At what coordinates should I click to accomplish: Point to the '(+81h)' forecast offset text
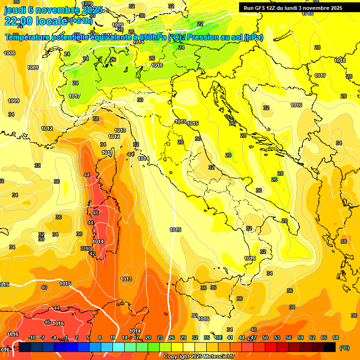pos(80,21)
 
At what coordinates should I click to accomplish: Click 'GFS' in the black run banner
pos(261,8)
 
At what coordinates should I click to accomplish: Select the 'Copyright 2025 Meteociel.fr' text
pos(198,356)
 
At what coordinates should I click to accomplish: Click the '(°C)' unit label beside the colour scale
pos(345,348)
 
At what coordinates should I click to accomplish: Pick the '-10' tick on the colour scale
pos(32,338)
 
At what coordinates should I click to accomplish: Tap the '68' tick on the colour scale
pos(336,338)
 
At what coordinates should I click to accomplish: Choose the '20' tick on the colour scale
pos(148,338)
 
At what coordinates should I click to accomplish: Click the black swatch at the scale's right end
pos(330,347)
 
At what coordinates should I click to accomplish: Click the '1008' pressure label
pos(9,53)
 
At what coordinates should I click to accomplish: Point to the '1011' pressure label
pos(107,152)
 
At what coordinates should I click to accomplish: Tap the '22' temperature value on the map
pos(200,24)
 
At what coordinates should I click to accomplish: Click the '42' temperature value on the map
pos(92,254)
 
